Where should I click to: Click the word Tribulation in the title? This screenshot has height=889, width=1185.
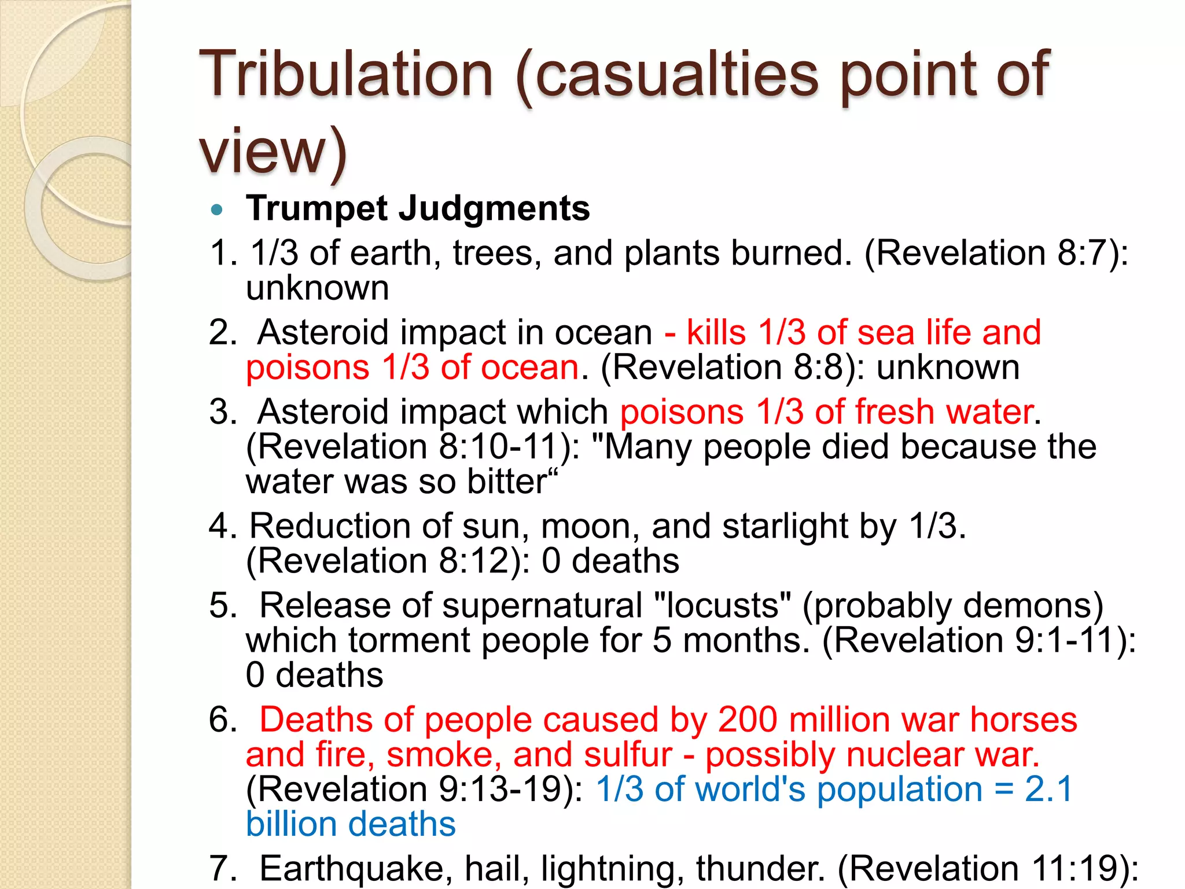click(x=346, y=75)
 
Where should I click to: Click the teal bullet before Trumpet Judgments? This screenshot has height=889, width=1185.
click(x=217, y=210)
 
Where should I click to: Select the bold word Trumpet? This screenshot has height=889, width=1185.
click(x=317, y=208)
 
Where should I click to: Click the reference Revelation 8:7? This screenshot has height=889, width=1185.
click(x=995, y=254)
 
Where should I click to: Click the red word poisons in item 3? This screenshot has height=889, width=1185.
click(x=682, y=412)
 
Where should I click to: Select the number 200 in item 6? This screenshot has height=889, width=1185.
click(x=747, y=720)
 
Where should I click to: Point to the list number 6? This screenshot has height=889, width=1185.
click(x=221, y=720)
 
